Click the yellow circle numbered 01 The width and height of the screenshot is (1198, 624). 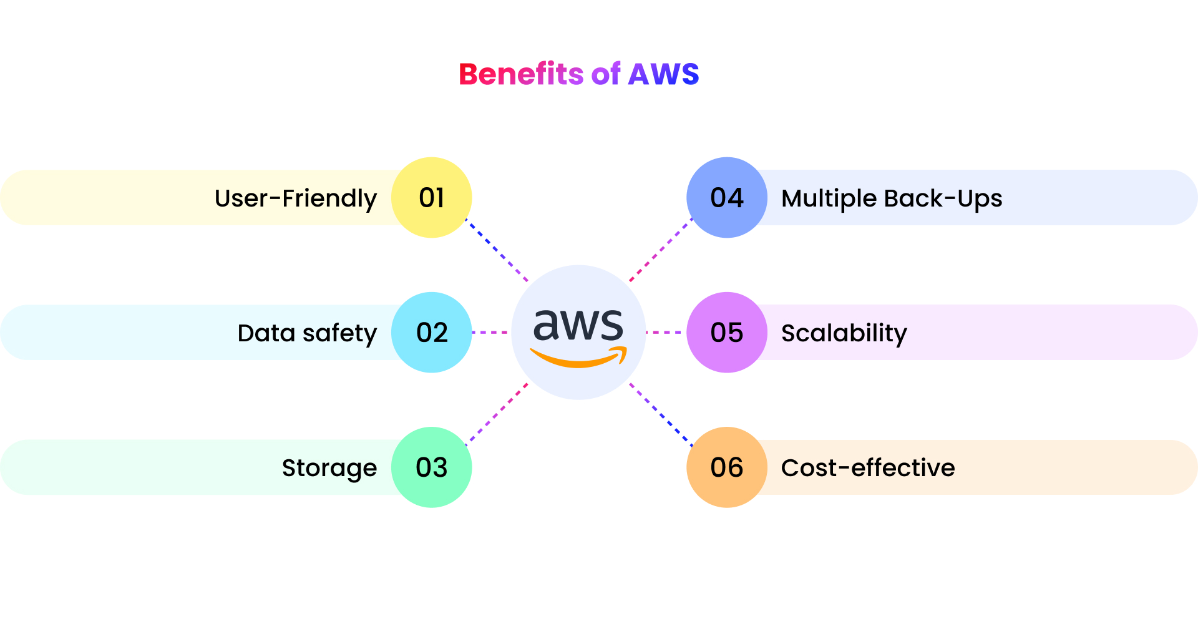tap(431, 198)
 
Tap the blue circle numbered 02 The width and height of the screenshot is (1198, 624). tap(431, 333)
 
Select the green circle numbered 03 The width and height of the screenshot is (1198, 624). tap(431, 467)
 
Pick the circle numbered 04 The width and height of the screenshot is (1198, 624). tap(727, 198)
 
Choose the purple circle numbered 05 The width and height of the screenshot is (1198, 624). tap(727, 333)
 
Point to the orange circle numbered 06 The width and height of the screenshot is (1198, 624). tap(727, 467)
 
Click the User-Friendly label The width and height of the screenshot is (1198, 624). tap(296, 199)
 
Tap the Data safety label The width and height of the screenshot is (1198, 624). tap(307, 334)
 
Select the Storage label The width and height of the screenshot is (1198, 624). tap(329, 469)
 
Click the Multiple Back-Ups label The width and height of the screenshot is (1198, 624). tap(892, 199)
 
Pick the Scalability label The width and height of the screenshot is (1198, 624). tap(844, 334)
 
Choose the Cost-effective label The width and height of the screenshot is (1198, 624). tap(868, 468)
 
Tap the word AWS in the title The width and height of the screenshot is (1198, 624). tap(663, 74)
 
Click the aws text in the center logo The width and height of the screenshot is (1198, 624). tap(578, 325)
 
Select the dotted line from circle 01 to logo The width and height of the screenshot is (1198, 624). tap(497, 250)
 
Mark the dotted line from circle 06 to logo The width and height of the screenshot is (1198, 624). tap(661, 414)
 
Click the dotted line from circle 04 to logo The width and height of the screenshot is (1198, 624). tap(661, 250)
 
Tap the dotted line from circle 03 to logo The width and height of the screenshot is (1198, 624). tap(497, 414)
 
